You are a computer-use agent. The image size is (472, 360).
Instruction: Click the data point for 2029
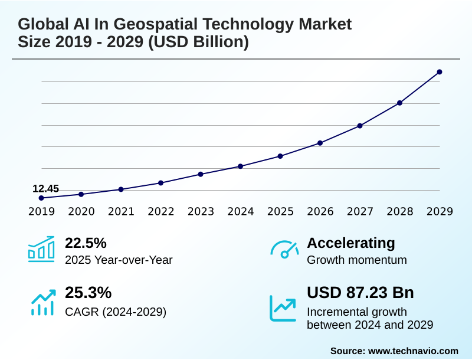[x=440, y=72]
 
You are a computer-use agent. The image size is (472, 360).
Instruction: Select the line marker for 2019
[x=41, y=198]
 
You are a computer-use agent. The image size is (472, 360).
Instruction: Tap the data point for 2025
[x=280, y=156]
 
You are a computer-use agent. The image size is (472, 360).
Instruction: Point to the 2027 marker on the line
[x=360, y=126]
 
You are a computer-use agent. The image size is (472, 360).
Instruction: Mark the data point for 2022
[x=161, y=183]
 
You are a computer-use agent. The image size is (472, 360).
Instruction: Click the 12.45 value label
[x=45, y=189]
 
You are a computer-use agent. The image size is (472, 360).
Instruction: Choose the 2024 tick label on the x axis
[x=241, y=212]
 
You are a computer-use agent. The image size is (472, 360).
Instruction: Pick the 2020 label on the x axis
[x=81, y=212]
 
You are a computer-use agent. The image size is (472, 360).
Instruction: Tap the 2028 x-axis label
[x=400, y=212]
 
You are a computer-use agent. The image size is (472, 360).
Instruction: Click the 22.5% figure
[x=86, y=243]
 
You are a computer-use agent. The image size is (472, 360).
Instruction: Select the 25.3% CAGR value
[x=88, y=293]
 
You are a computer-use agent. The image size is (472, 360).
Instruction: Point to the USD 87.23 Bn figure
[x=360, y=293]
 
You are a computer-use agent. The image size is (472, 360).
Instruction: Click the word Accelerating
[x=351, y=243]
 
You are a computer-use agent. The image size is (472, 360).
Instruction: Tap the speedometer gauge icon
[x=284, y=250]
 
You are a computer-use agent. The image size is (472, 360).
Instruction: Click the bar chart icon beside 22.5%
[x=41, y=249]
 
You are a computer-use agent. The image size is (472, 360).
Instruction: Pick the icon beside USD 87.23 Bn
[x=283, y=307]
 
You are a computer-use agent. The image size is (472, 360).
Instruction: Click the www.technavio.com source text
[x=413, y=351]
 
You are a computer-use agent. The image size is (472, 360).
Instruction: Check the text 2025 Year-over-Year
[x=119, y=260]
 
